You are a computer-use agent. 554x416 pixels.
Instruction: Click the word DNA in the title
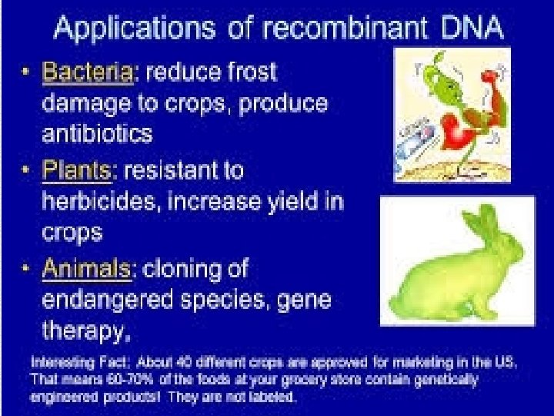point(472,27)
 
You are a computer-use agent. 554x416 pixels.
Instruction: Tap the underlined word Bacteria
point(88,72)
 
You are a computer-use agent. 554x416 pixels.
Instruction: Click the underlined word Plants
point(77,170)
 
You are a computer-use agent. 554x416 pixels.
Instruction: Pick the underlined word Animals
point(86,269)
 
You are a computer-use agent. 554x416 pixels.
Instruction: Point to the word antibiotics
point(97,134)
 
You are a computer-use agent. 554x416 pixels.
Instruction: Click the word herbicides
point(98,201)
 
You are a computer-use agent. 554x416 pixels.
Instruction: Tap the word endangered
point(108,299)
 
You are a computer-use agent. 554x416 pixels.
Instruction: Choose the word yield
point(292,202)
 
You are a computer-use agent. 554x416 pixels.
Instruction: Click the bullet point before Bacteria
point(25,72)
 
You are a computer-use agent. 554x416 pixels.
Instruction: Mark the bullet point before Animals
point(25,268)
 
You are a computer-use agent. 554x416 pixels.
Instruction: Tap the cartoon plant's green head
point(442,81)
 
